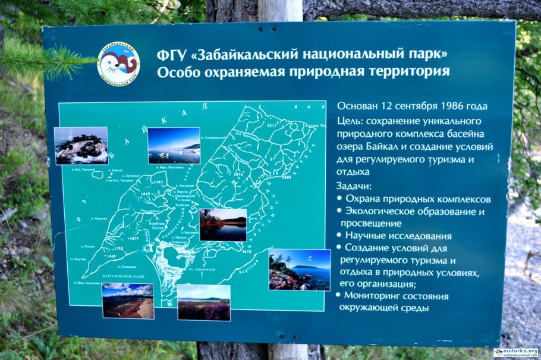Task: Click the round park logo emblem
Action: click(118, 62)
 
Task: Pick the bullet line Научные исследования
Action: click(398, 236)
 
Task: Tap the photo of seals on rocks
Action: click(81, 145)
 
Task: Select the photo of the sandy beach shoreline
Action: click(127, 300)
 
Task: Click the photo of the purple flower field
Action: click(203, 302)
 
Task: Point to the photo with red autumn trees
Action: click(223, 224)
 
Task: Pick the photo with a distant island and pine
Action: click(299, 269)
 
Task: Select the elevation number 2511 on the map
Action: click(272, 126)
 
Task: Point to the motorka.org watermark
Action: click(515, 352)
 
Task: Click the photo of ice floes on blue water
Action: click(174, 145)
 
